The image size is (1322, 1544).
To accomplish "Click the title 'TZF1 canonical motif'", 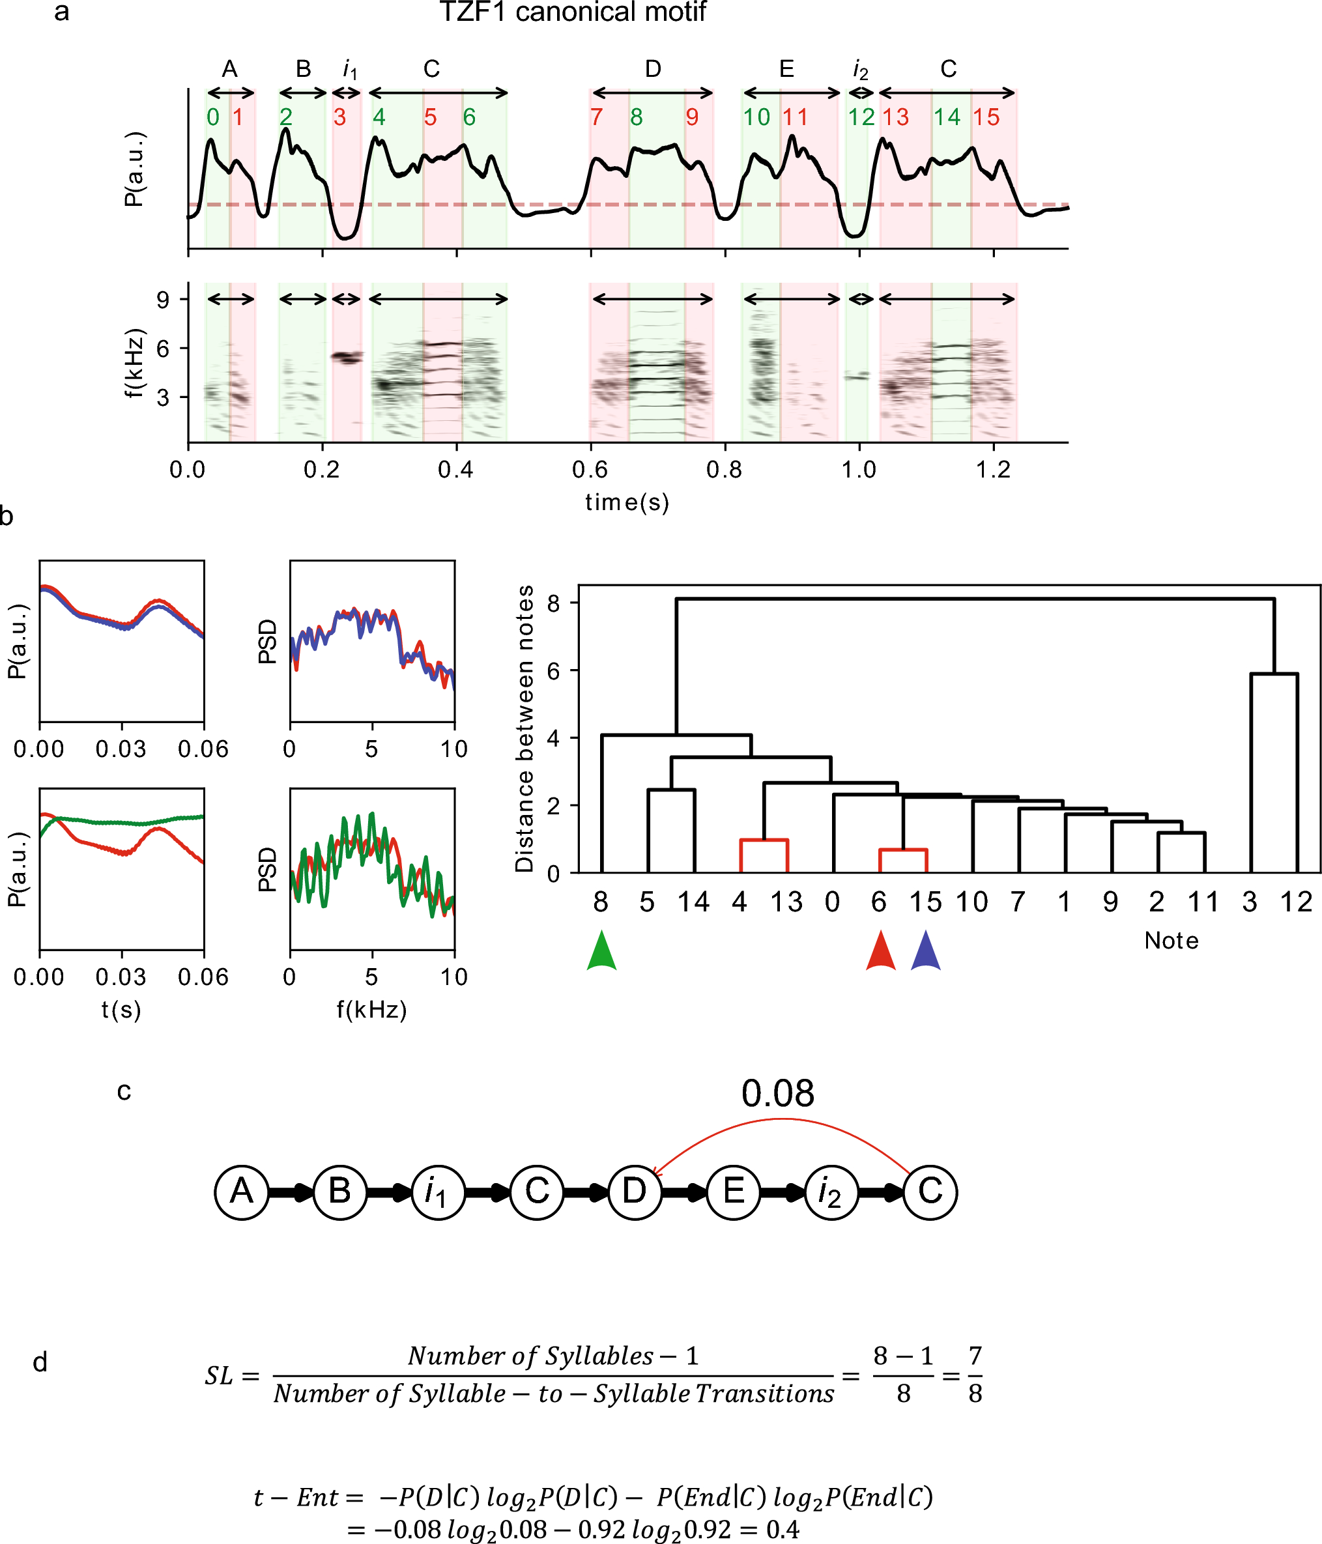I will (572, 12).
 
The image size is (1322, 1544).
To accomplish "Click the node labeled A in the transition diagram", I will (242, 1192).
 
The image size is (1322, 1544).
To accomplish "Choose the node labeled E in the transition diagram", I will (733, 1192).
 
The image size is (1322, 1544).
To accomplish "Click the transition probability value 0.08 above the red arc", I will (777, 1093).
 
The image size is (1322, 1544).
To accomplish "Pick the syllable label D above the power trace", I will (653, 69).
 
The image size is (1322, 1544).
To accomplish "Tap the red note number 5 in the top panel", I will (430, 117).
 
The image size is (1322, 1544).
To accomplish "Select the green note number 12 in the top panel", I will (861, 117).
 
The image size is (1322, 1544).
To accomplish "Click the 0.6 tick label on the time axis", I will (590, 470).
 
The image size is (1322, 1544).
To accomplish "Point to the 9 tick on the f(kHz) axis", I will (162, 300).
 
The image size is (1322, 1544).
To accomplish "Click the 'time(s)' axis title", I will (627, 503).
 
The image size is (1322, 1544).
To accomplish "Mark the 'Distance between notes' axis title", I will (525, 728).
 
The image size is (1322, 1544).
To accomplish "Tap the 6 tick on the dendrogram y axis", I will (553, 670).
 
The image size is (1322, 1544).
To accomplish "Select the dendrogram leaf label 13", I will (786, 902).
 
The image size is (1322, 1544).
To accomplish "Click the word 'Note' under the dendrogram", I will (1171, 941).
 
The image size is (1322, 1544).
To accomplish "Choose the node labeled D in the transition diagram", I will (635, 1192).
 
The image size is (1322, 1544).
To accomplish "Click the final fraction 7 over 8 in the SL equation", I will (975, 1375).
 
